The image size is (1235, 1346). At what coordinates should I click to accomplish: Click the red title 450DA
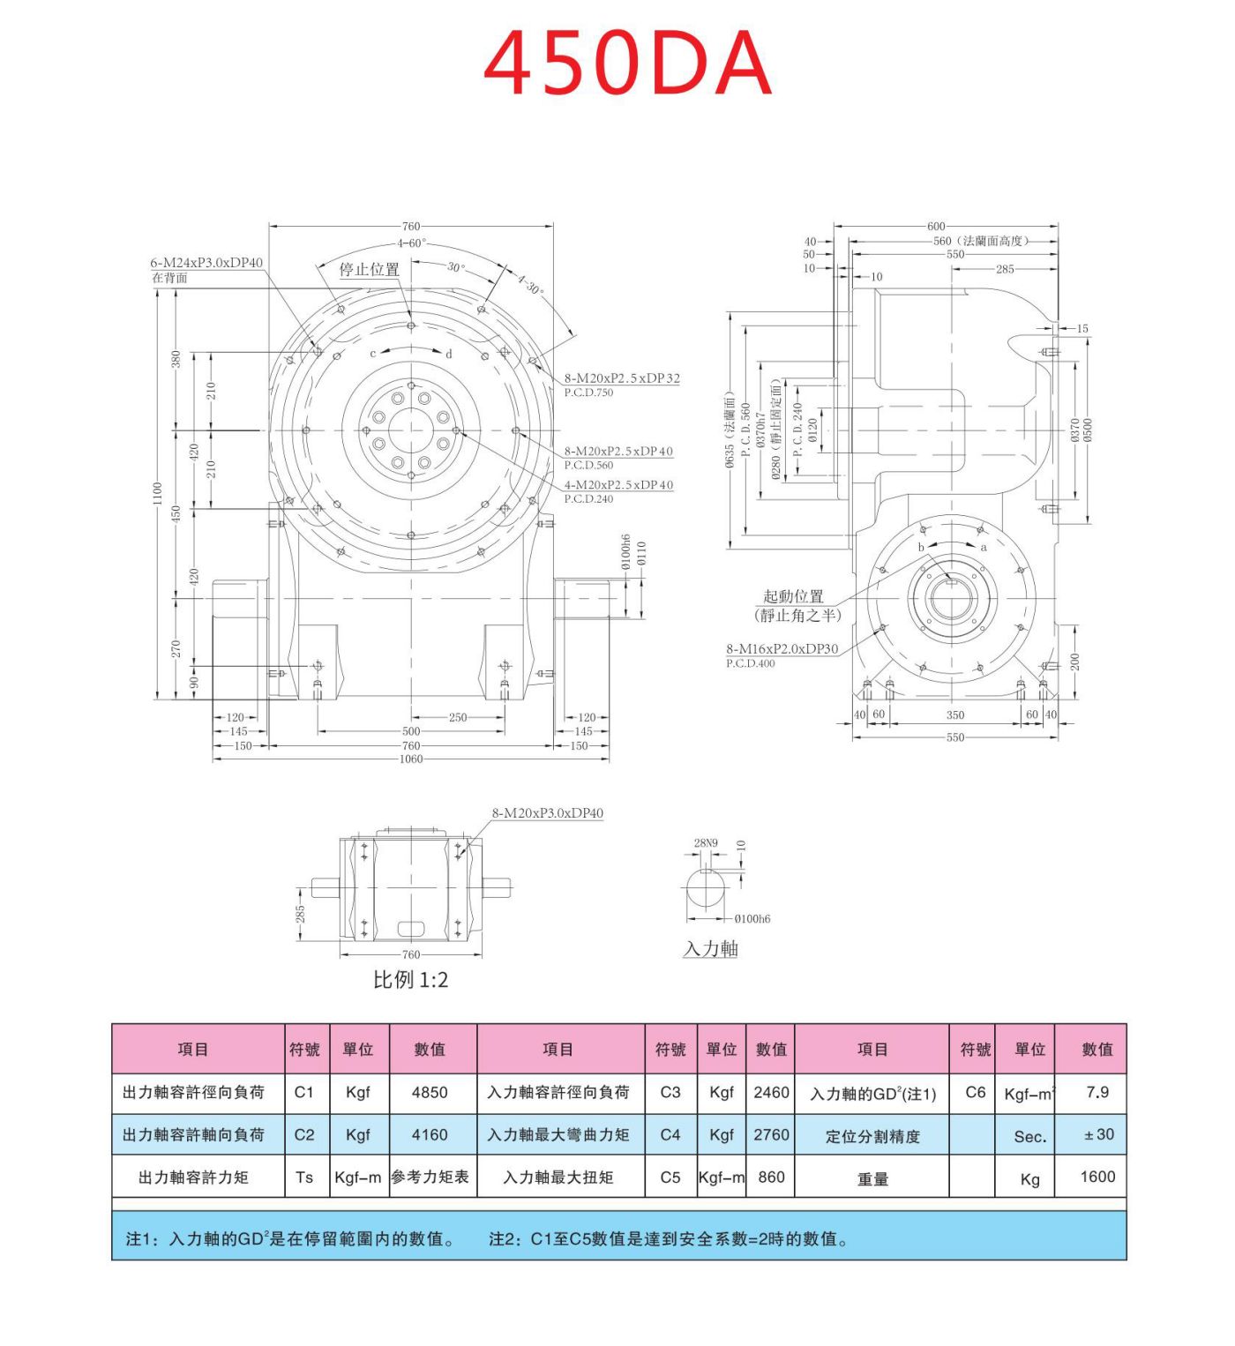627,64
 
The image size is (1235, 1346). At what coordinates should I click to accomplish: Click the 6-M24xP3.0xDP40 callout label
206,263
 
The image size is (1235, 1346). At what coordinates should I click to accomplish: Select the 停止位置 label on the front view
369,270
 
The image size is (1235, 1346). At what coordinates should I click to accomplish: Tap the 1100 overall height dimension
157,494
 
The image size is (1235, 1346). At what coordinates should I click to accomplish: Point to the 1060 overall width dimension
411,759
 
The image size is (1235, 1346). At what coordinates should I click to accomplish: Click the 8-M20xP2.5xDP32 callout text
622,378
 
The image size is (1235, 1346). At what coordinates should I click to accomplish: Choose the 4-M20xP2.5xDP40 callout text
618,485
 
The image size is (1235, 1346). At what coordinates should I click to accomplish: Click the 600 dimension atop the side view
935,227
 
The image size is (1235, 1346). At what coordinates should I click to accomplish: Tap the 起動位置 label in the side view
793,596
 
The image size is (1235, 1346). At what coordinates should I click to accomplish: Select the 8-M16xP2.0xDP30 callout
782,648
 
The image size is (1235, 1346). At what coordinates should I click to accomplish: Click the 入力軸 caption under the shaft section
710,949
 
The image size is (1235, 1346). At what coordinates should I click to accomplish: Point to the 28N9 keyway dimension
706,843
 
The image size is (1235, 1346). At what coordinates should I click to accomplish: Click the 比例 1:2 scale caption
410,980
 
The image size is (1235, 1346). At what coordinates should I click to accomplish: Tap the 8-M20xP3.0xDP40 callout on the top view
547,813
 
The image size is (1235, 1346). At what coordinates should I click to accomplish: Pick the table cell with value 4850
430,1092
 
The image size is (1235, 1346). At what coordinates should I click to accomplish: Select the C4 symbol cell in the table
670,1134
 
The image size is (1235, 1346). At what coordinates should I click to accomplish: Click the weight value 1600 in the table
1097,1177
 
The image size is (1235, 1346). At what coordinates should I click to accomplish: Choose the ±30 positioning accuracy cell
1098,1134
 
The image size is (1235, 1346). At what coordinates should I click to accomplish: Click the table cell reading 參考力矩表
430,1177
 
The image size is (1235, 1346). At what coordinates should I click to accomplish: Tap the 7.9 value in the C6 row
1097,1092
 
